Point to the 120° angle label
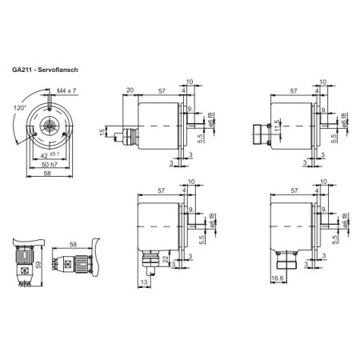(21, 106)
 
